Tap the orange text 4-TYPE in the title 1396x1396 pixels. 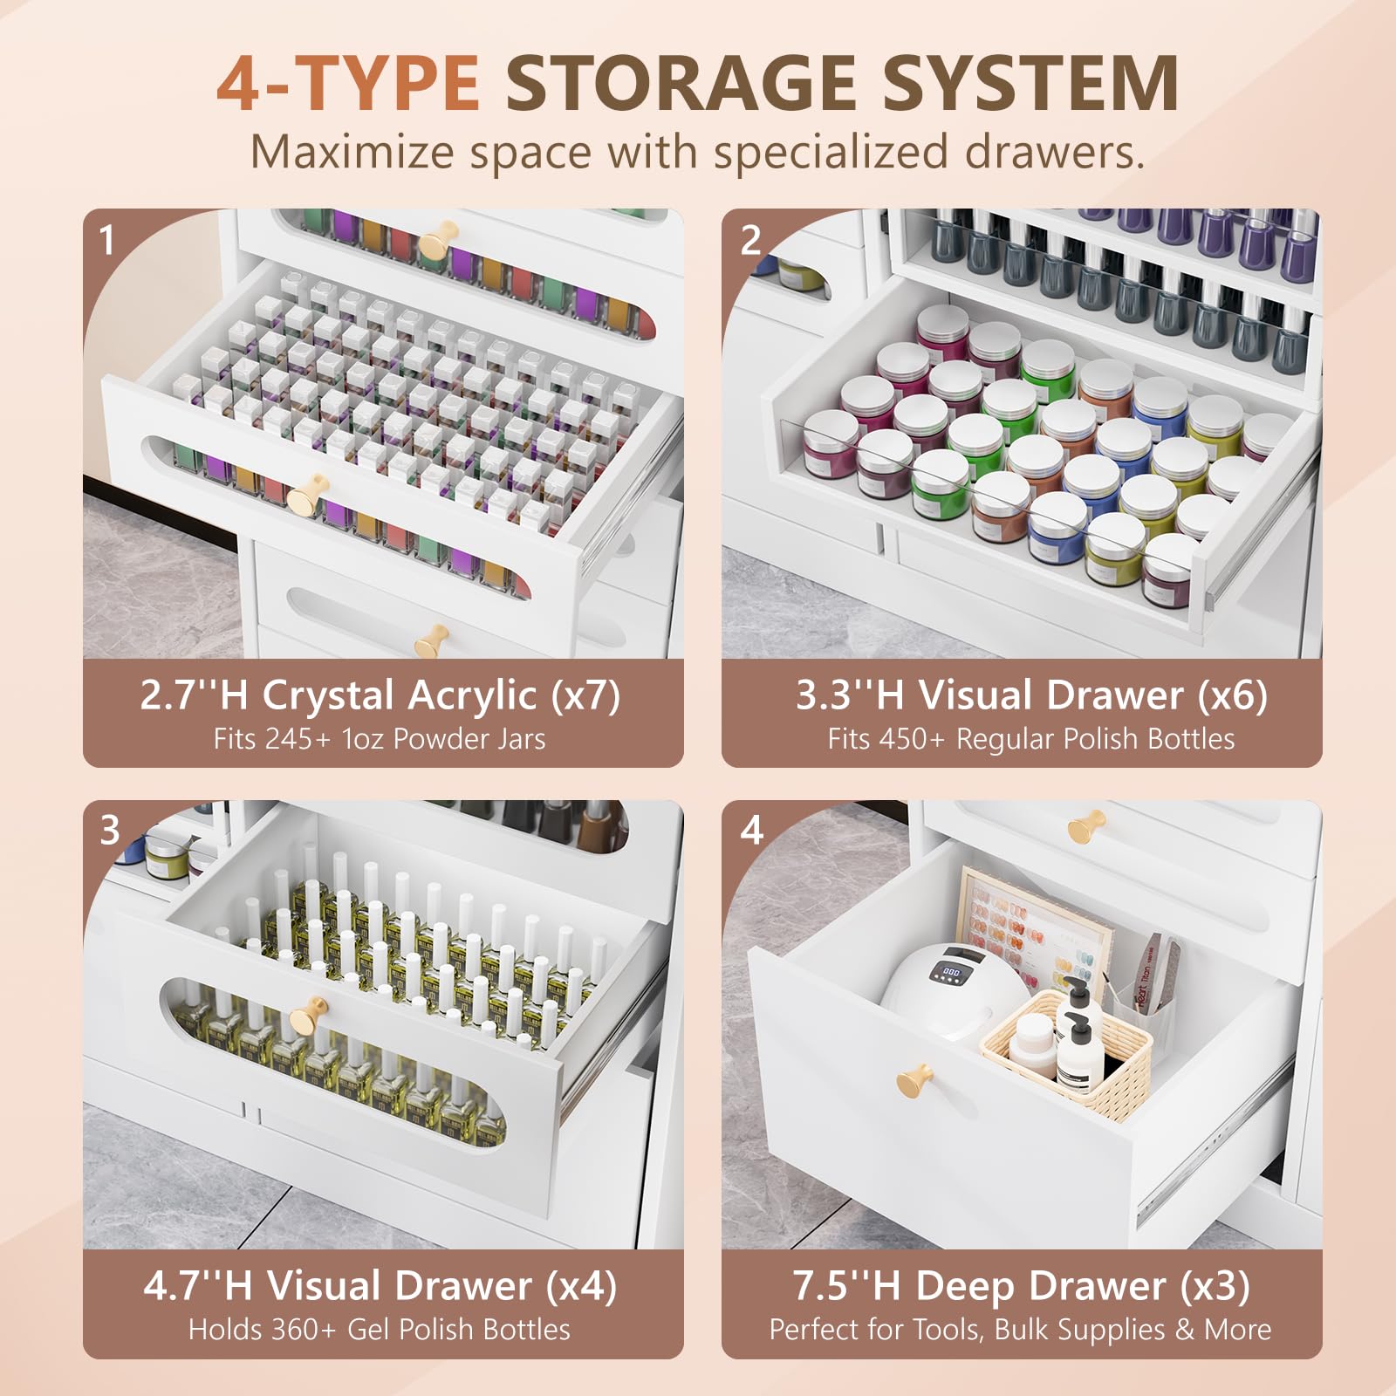tap(347, 84)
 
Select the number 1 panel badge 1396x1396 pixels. tap(106, 240)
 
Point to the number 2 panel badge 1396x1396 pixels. tap(750, 240)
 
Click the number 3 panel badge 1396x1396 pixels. tap(109, 830)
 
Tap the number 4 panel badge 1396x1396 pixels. tap(752, 830)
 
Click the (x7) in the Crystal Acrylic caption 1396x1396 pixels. tap(585, 695)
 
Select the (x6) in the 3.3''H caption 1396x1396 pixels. tap(1232, 695)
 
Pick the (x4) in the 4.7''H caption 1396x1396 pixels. tap(581, 1285)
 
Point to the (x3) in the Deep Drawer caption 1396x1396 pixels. tap(1215, 1285)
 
